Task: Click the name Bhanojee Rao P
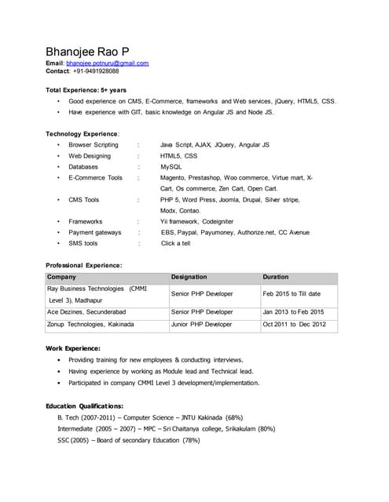pyautogui.click(x=94, y=51)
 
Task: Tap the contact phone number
pyautogui.click(x=96, y=71)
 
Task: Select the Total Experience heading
pyautogui.click(x=86, y=90)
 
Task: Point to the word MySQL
pyautogui.click(x=171, y=166)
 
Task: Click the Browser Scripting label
pyautogui.click(x=94, y=144)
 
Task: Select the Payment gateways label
pyautogui.click(x=95, y=232)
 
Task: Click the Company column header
pyautogui.click(x=62, y=277)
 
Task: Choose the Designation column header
pyautogui.click(x=189, y=277)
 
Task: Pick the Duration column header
pyautogui.click(x=276, y=277)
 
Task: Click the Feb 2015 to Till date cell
pyautogui.click(x=292, y=293)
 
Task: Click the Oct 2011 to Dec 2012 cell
pyautogui.click(x=294, y=324)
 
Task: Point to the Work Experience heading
pyautogui.click(x=73, y=347)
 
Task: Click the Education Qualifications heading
pyautogui.click(x=85, y=406)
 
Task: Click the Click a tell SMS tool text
pyautogui.click(x=175, y=243)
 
